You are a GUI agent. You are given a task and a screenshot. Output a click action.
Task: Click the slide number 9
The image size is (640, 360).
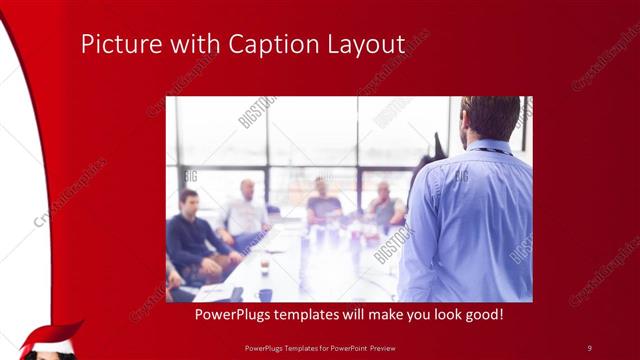[x=589, y=347]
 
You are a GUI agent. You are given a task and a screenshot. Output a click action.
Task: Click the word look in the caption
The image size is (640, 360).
[x=440, y=315]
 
